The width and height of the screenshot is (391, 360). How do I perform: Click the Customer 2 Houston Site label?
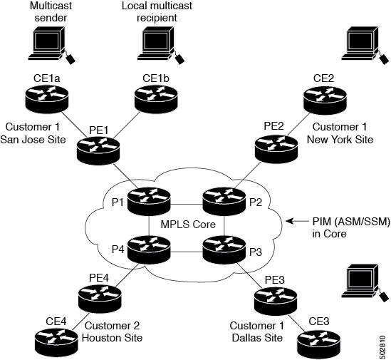pos(114,331)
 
